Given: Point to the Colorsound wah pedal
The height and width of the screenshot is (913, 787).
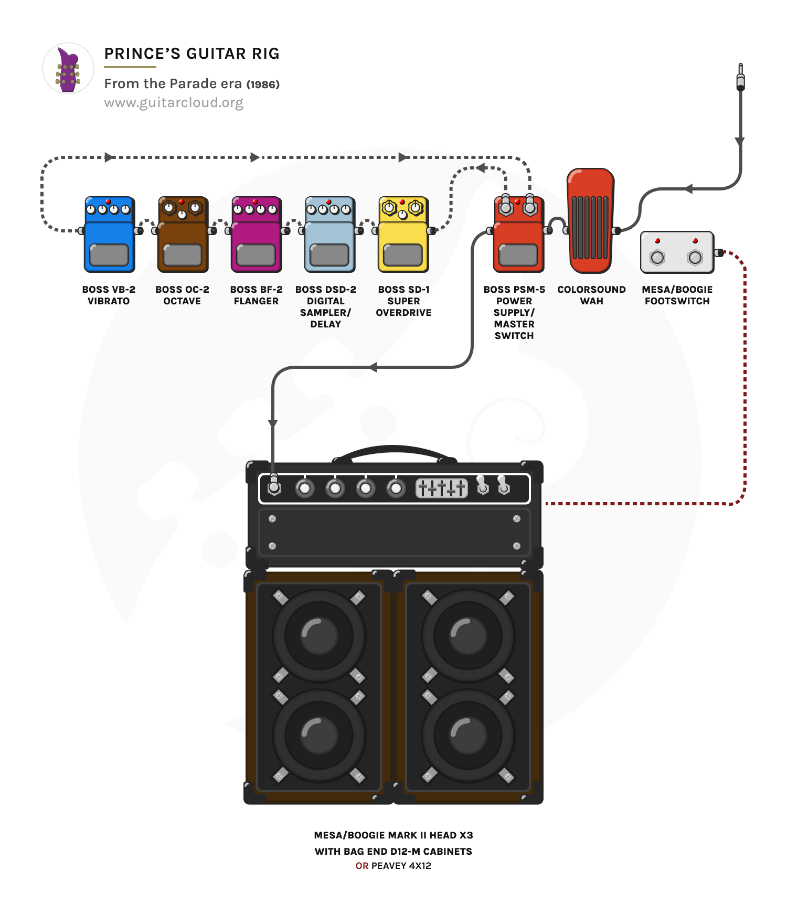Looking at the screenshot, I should [x=591, y=220].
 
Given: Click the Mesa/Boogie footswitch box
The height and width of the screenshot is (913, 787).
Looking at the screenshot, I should [x=677, y=252].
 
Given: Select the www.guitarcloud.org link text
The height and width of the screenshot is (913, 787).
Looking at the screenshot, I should [x=174, y=102].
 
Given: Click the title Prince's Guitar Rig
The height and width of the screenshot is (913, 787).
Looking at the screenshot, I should [x=192, y=54].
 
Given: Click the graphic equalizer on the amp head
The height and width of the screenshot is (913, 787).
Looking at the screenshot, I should [x=441, y=488].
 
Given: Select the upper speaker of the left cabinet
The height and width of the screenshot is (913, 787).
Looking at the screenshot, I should [x=318, y=635].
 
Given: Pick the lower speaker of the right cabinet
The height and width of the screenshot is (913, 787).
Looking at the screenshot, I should [x=467, y=735].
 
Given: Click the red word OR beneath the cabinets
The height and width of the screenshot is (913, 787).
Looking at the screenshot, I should [x=362, y=866].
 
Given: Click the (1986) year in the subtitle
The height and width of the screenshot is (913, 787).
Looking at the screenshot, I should [x=263, y=84].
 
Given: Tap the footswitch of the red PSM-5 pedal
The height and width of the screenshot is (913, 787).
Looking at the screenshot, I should [x=518, y=255].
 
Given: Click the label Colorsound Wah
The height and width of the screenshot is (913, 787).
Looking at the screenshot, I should [x=591, y=295].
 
